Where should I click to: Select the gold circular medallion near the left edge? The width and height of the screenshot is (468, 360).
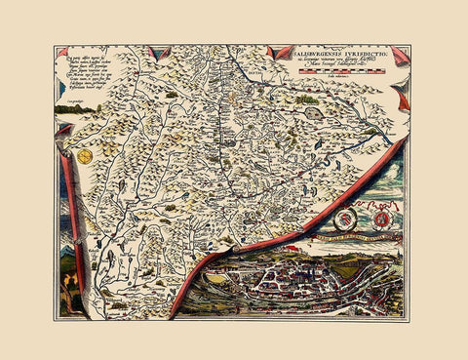pos(86,156)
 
